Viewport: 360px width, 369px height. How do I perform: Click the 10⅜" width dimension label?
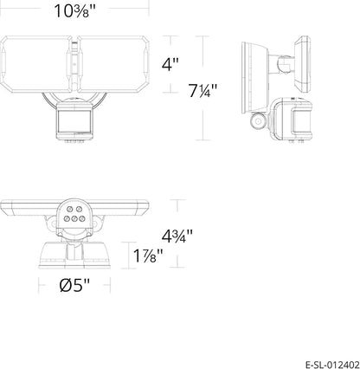(x=74, y=11)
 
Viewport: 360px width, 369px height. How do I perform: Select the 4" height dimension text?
(x=170, y=64)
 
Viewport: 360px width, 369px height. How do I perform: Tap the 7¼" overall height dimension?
(x=202, y=90)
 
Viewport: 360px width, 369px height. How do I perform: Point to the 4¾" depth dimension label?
(x=177, y=236)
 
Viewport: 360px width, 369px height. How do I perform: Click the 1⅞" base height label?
(x=148, y=256)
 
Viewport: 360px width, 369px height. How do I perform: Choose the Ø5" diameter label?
(x=74, y=286)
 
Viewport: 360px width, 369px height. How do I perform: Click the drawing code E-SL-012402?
(x=332, y=363)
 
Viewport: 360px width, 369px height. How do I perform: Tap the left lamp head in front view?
(x=35, y=64)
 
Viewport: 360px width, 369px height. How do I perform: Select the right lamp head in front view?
(x=113, y=64)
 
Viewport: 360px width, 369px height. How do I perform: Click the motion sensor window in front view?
(x=74, y=120)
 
